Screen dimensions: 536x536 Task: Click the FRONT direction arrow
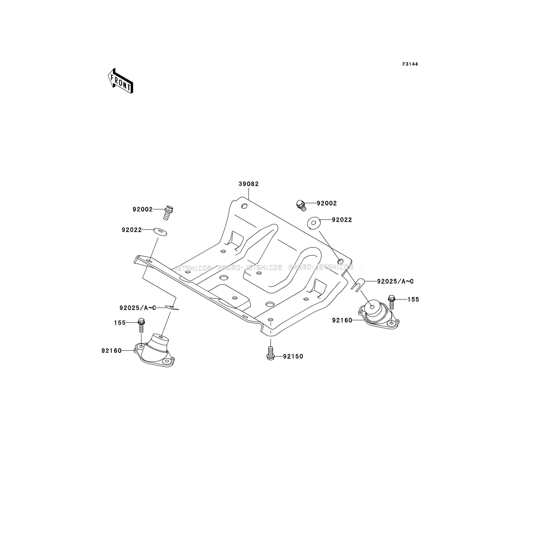[120, 81]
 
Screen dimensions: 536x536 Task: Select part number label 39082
[249, 184]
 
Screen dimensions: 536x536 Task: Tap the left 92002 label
[143, 209]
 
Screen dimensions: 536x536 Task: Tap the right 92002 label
[327, 203]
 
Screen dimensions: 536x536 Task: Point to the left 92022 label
[132, 230]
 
